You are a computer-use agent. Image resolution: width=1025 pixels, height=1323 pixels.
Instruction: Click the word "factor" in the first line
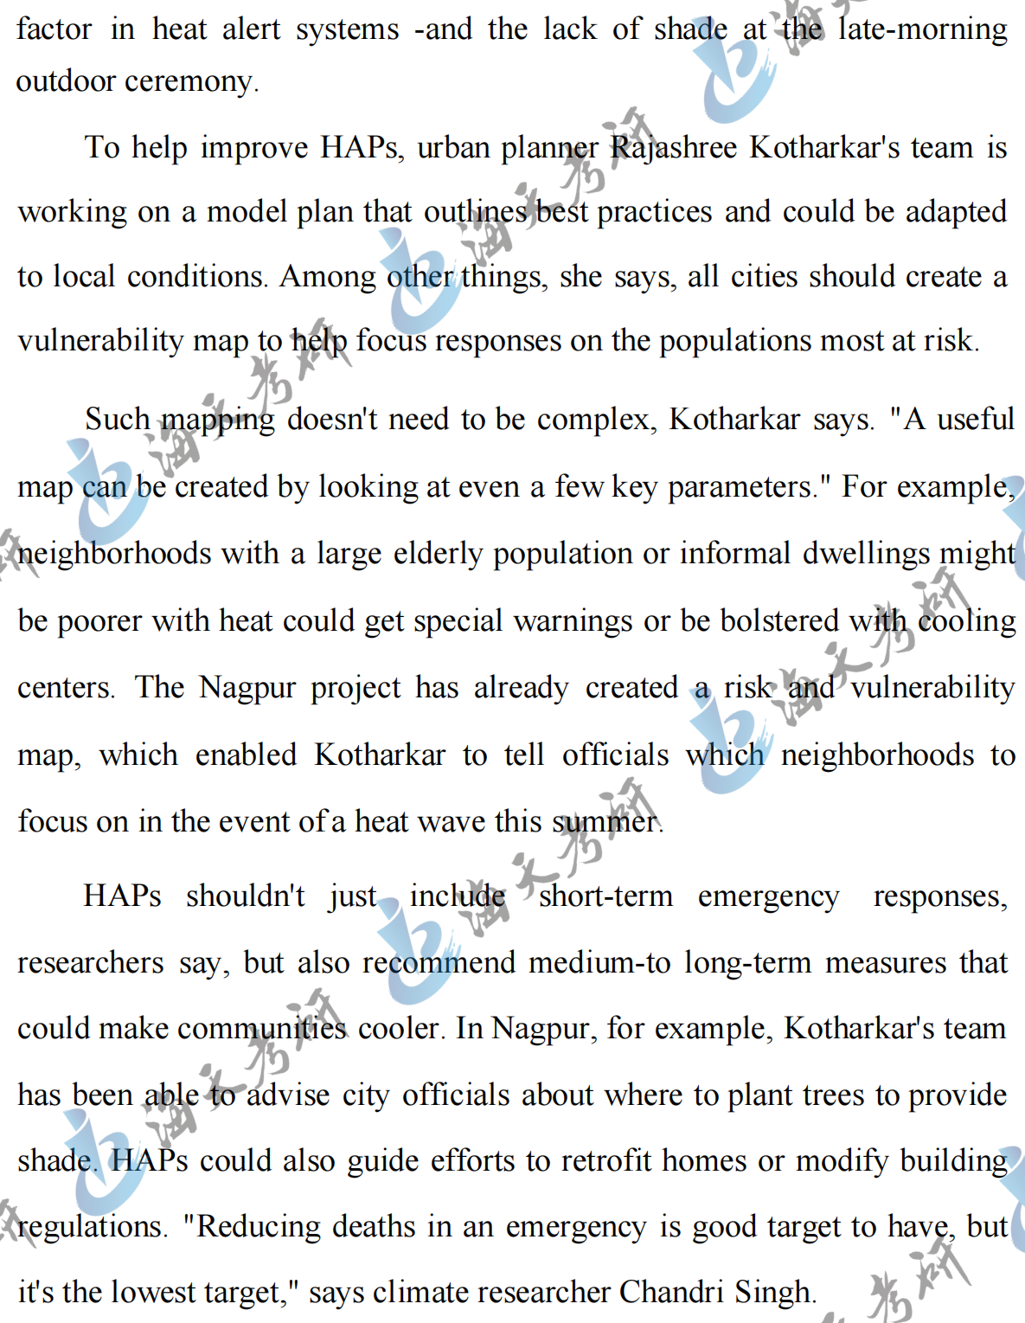pyautogui.click(x=54, y=29)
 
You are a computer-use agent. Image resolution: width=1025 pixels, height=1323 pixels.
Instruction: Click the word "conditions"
pyautogui.click(x=196, y=277)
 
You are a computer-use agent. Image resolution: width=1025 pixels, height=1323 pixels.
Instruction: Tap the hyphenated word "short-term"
pyautogui.click(x=605, y=896)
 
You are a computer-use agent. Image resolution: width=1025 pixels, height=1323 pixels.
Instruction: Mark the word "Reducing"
pyautogui.click(x=259, y=1227)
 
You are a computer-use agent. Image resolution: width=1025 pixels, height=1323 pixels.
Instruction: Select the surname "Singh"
pyautogui.click(x=773, y=1293)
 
